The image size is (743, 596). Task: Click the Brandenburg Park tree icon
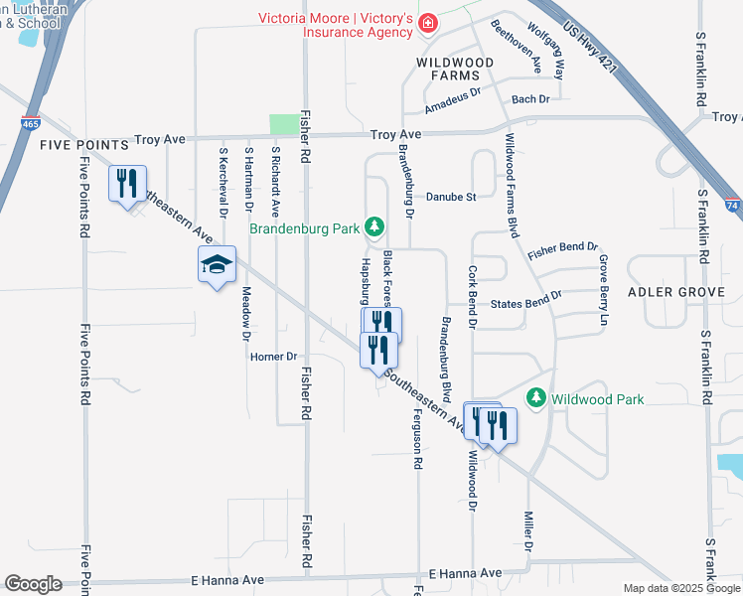point(374,227)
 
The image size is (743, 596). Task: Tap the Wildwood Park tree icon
point(536,398)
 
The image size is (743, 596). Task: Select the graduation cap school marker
point(217,265)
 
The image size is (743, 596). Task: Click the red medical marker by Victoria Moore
point(427,23)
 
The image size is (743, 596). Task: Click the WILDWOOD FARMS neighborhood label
point(455,69)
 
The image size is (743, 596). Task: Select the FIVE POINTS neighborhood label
point(84,145)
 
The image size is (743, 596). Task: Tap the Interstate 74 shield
point(732,205)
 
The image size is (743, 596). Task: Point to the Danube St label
point(451,197)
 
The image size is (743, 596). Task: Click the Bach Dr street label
point(530,99)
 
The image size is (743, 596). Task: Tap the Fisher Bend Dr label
point(563,250)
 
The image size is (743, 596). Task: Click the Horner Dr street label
point(274,357)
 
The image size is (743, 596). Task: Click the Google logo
point(33,584)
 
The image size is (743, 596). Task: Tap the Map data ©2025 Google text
point(680,588)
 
